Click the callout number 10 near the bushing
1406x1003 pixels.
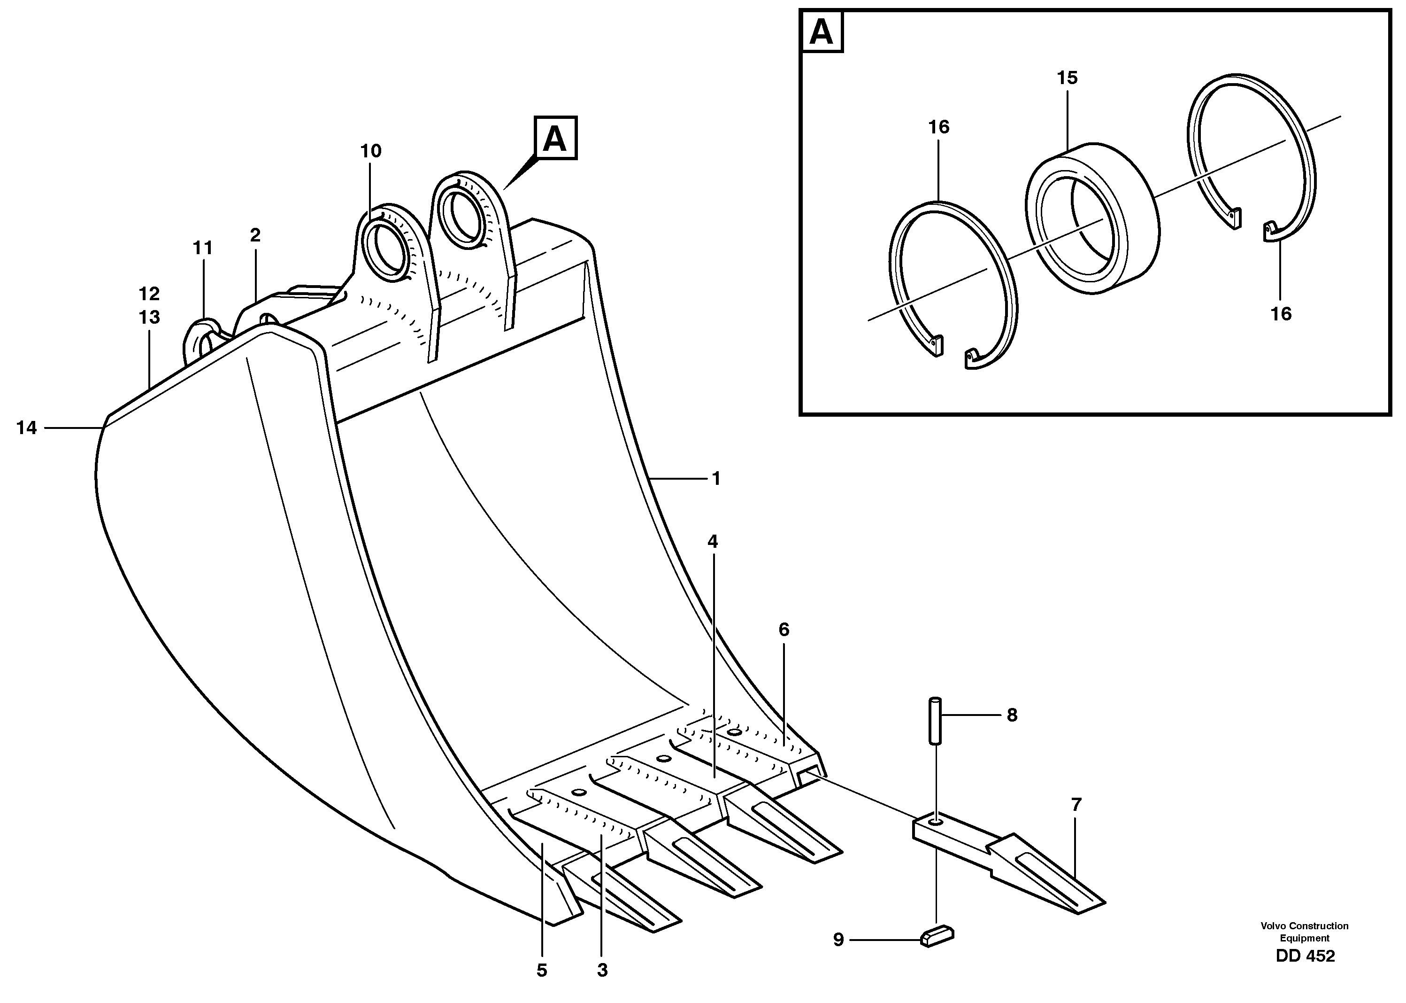click(371, 151)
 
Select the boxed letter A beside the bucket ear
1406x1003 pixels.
click(555, 138)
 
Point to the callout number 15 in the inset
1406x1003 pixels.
click(1067, 78)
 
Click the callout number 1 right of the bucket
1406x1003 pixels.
click(716, 478)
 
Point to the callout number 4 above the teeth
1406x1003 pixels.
click(713, 542)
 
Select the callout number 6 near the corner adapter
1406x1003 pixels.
click(784, 630)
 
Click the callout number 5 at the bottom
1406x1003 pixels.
click(541, 970)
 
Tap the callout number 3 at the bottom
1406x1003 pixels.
click(602, 970)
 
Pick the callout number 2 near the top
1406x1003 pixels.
click(255, 235)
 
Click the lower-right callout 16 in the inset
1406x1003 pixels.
click(1281, 314)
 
